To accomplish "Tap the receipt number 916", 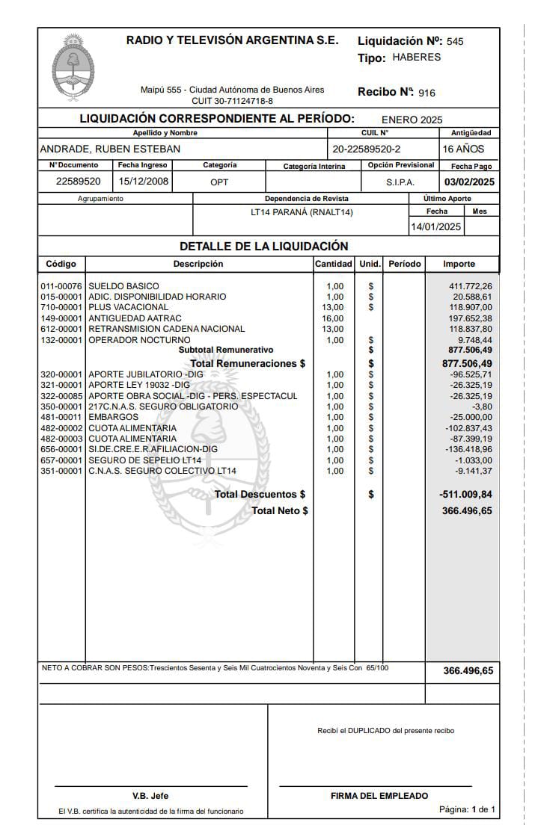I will coord(427,93).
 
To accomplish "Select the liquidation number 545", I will coord(455,42).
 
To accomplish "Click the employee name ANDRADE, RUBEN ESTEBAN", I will coord(110,149).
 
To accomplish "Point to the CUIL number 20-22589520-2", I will coord(367,149).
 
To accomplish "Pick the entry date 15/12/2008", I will coord(144,182).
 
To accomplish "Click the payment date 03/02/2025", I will coord(469,182).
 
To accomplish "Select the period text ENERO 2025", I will coord(412,120).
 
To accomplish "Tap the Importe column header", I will coord(459,264).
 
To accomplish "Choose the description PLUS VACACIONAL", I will coord(129,307).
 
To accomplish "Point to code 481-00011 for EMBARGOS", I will coord(61,417).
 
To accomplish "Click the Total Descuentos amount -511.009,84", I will coord(465,495).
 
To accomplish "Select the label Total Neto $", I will coord(280,511).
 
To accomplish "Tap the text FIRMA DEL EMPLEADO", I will coord(379,796).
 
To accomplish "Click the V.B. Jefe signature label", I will coord(150,796).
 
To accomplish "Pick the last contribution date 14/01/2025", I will coord(436,227).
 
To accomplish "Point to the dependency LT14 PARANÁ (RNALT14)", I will coord(302,212).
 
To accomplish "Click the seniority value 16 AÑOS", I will coord(463,149).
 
